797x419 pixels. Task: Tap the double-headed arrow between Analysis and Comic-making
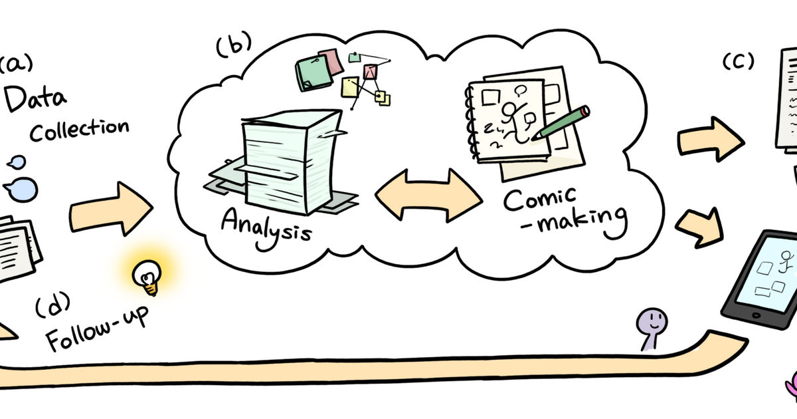click(x=429, y=196)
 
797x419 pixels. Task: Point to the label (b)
click(x=234, y=44)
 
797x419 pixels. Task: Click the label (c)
click(x=739, y=61)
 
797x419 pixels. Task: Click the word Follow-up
click(x=97, y=329)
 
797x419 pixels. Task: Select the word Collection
click(x=79, y=130)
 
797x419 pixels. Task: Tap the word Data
click(x=35, y=98)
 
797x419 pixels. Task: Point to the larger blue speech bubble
click(x=21, y=190)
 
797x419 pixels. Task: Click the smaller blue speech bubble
click(x=17, y=162)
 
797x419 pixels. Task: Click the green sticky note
click(x=313, y=73)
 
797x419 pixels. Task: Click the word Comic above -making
click(x=540, y=199)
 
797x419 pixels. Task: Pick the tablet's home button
click(x=756, y=315)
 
